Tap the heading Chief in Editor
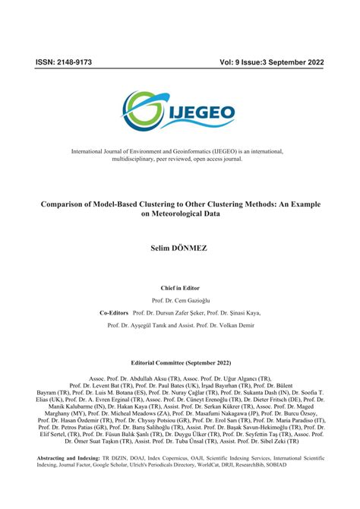pos(180,288)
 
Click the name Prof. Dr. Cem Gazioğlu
pos(180,301)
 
